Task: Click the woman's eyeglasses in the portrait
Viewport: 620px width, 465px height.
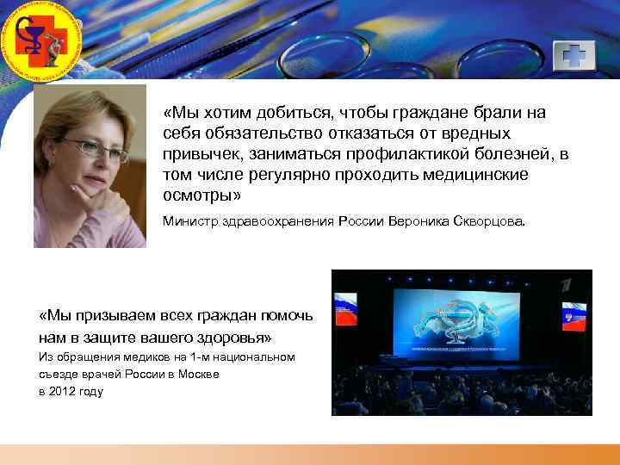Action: point(94,148)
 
